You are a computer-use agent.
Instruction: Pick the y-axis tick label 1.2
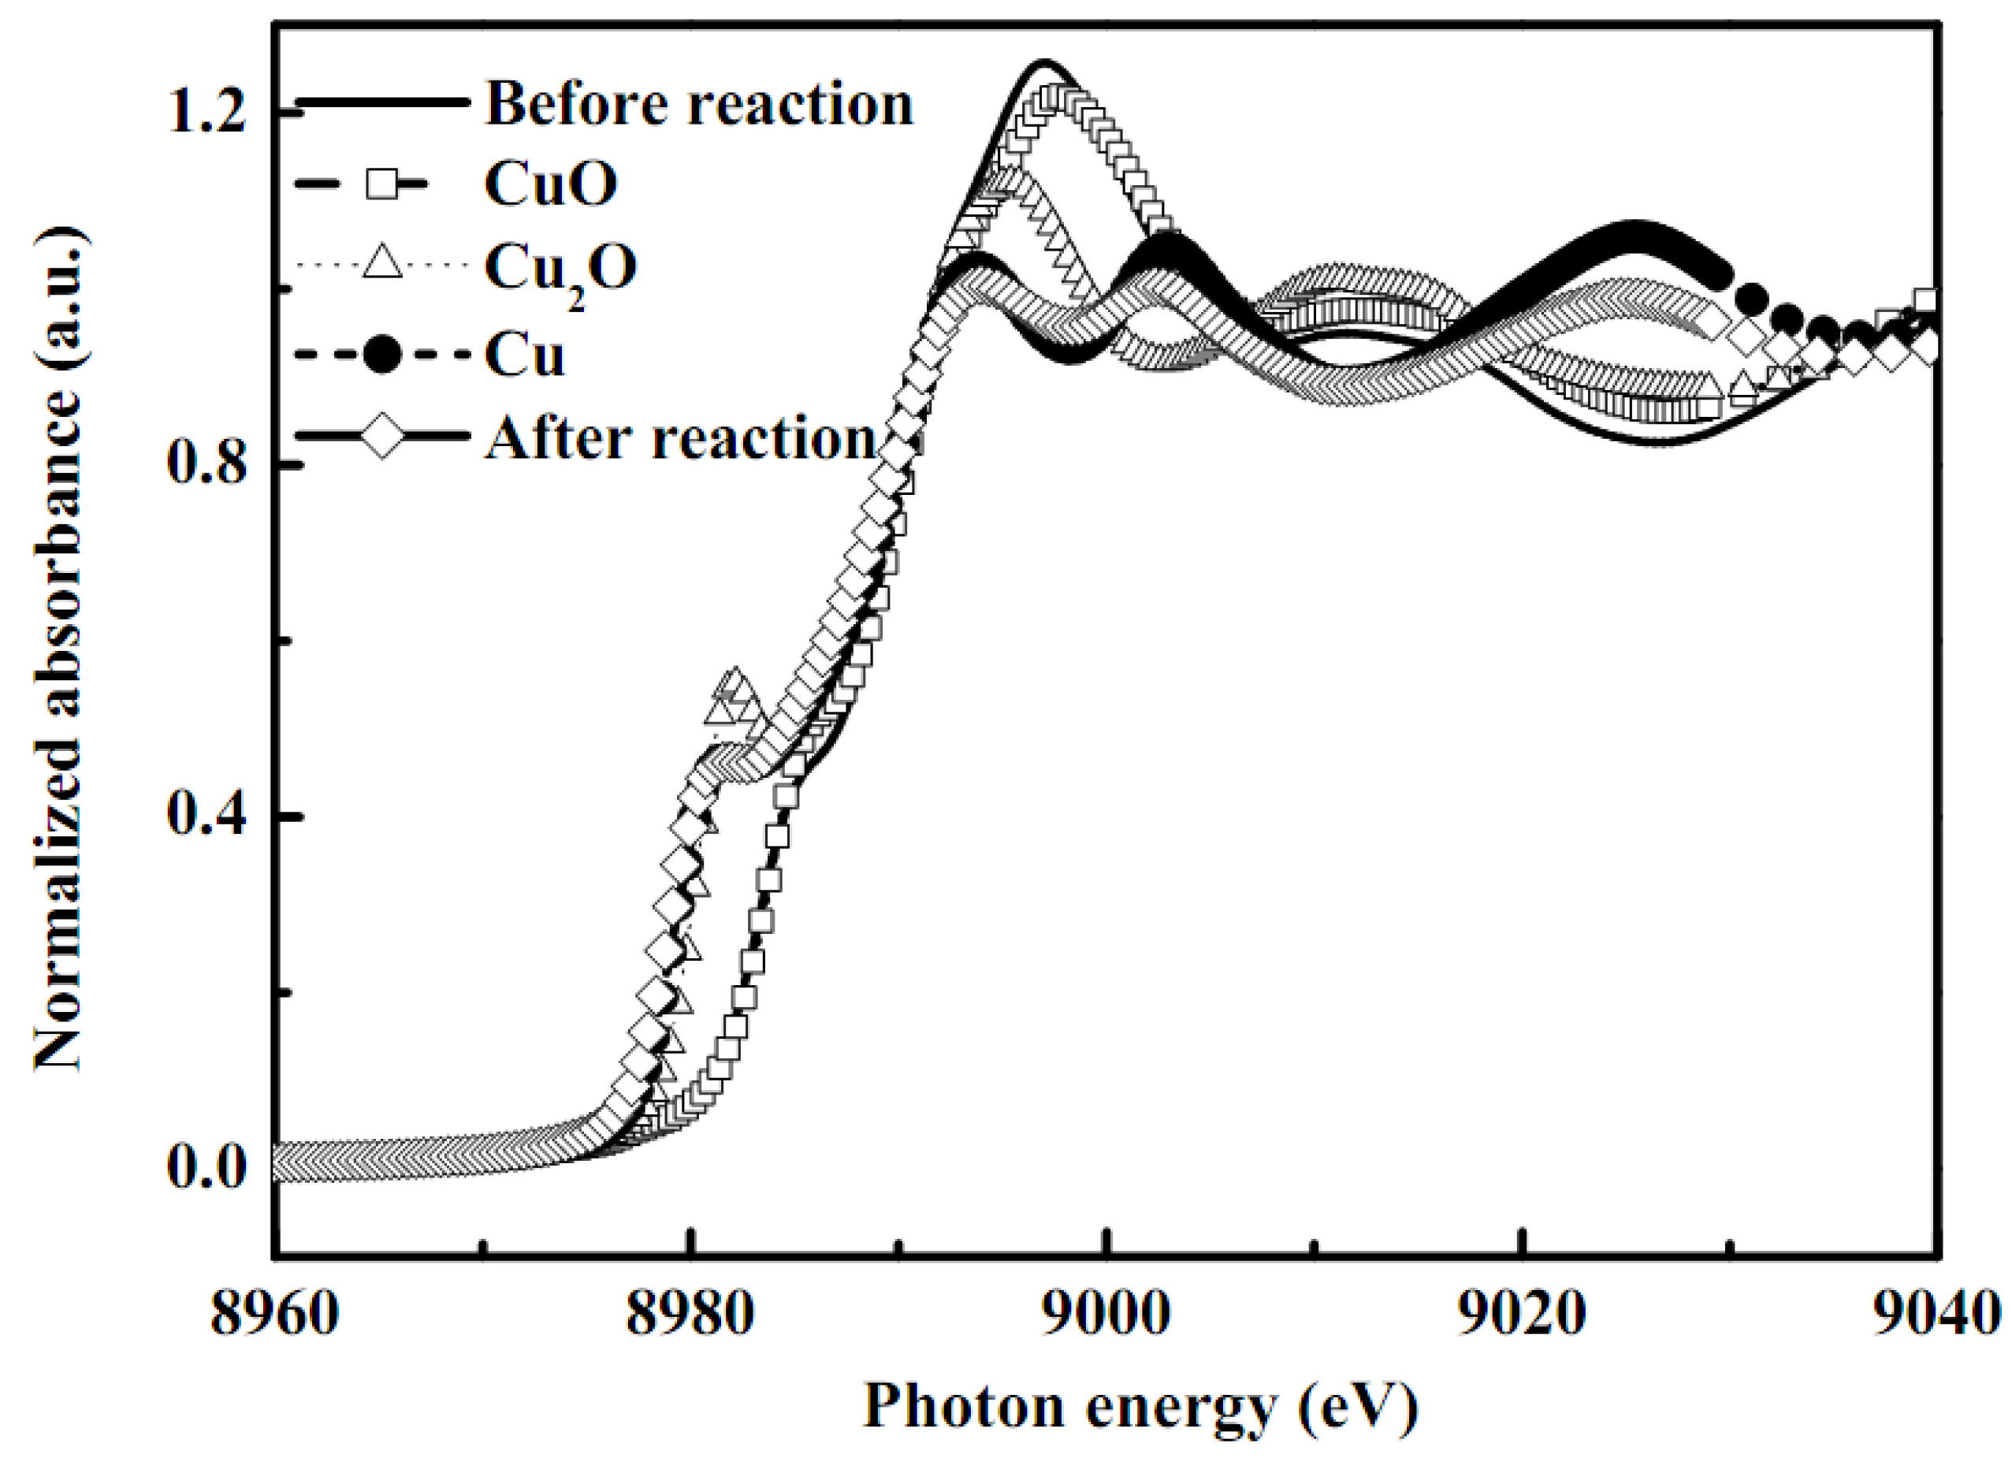(x=207, y=113)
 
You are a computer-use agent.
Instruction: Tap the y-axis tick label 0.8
(x=207, y=464)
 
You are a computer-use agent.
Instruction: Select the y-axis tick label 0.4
(x=207, y=815)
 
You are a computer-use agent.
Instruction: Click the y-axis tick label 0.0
(x=207, y=1166)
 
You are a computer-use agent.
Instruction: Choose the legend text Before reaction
(x=699, y=104)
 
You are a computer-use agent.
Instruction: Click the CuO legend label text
(x=550, y=185)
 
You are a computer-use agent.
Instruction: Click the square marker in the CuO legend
(x=383, y=185)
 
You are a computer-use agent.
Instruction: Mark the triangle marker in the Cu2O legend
(x=383, y=264)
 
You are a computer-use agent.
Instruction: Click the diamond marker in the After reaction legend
(x=383, y=436)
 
